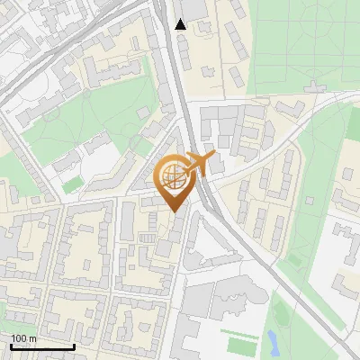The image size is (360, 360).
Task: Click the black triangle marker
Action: point(181,24)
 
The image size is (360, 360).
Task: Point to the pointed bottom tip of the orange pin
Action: point(174,212)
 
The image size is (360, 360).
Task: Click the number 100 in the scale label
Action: point(19,338)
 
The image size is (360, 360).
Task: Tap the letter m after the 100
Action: point(32,338)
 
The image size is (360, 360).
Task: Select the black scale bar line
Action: point(42,346)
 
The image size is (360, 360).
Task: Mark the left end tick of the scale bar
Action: point(12,346)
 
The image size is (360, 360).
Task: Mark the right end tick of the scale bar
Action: point(74,346)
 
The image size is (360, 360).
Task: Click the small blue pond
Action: point(272,340)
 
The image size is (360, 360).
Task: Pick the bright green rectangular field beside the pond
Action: point(241,345)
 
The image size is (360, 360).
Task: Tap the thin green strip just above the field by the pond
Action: point(240,330)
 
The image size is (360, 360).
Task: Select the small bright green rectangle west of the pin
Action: point(71,184)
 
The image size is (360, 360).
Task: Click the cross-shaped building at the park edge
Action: point(315,88)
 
